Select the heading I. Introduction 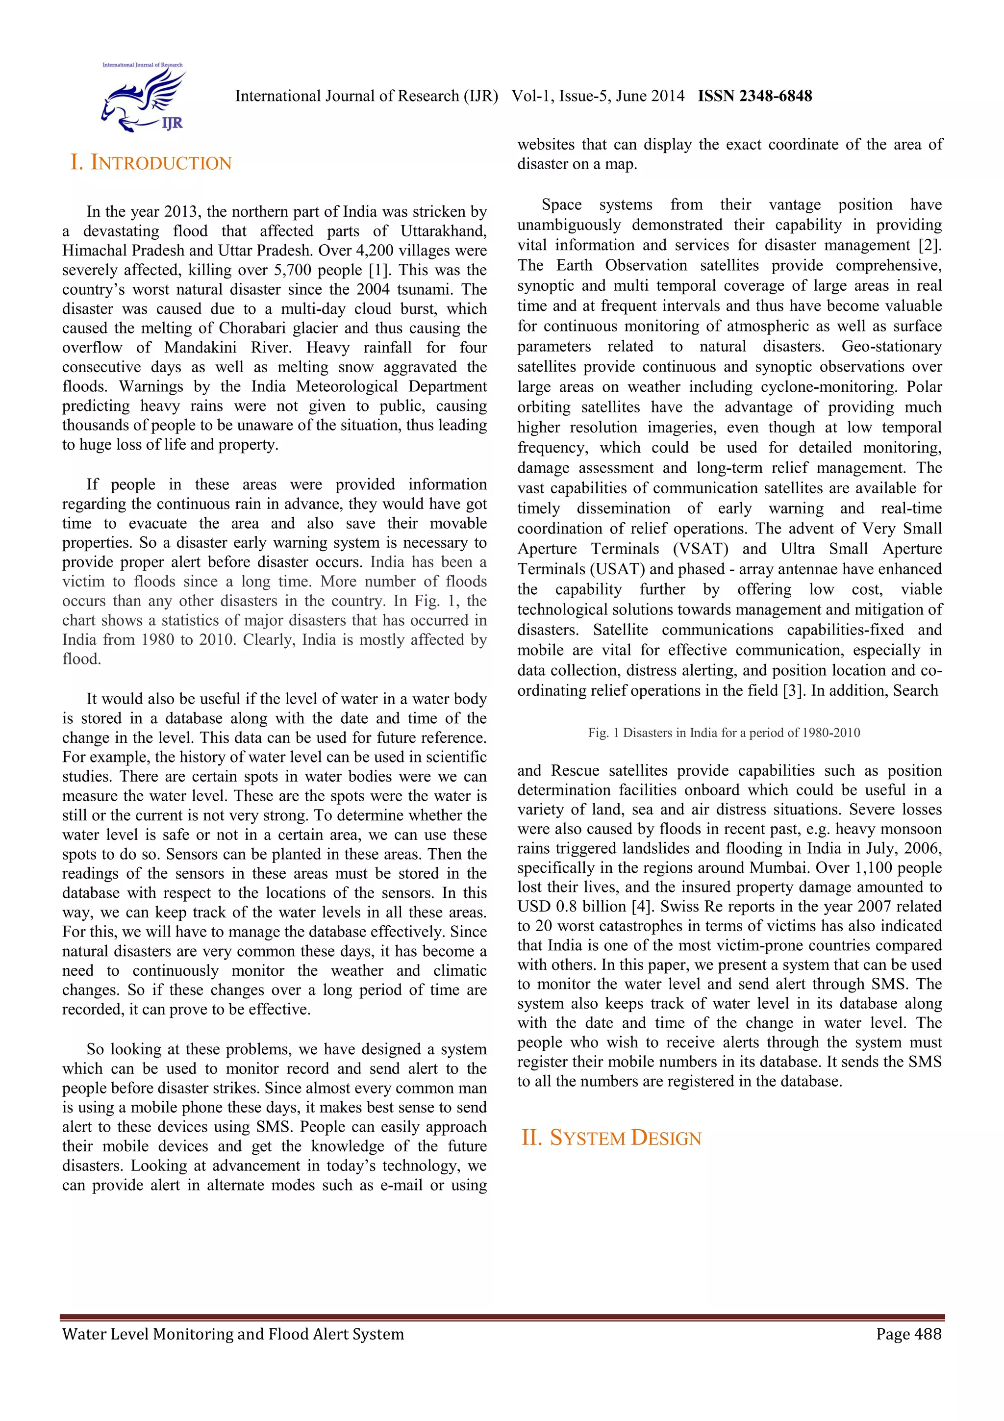click(151, 163)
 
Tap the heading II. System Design click(611, 1138)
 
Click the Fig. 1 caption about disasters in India click(724, 733)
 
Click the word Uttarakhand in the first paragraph click(444, 231)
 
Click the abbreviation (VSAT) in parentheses click(701, 549)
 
